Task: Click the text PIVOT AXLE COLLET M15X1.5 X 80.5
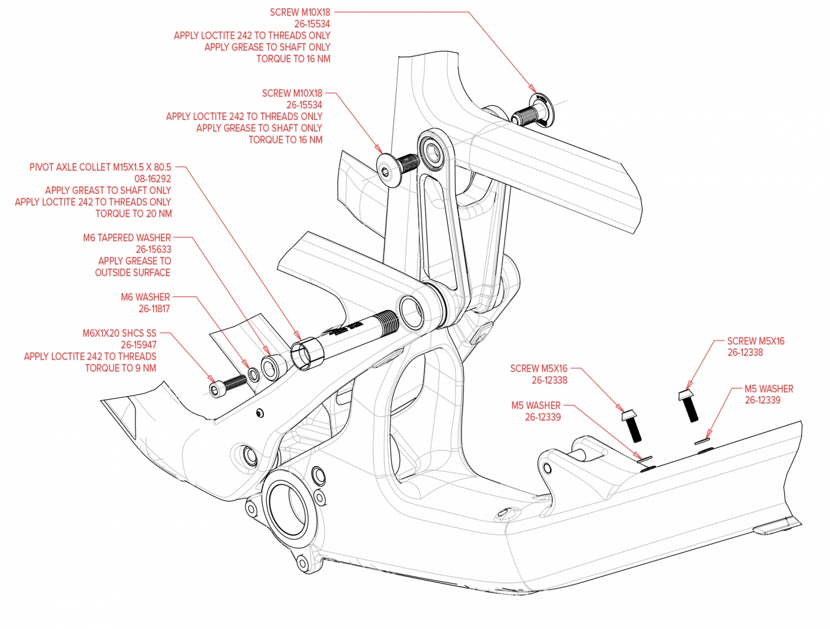pyautogui.click(x=100, y=167)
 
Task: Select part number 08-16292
pyautogui.click(x=153, y=179)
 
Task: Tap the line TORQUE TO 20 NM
pyautogui.click(x=133, y=213)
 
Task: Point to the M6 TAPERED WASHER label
pyautogui.click(x=127, y=238)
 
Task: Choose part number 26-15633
pyautogui.click(x=153, y=249)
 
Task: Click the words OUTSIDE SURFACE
pyautogui.click(x=133, y=272)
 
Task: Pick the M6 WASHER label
pyautogui.click(x=145, y=297)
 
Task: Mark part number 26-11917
pyautogui.click(x=154, y=308)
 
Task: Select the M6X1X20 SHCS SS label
pyautogui.click(x=119, y=333)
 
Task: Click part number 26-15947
pyautogui.click(x=138, y=345)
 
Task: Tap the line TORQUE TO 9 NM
pyautogui.click(x=120, y=368)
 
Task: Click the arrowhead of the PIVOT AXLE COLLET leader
pyautogui.click(x=299, y=337)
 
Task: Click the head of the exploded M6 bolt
pyautogui.click(x=216, y=390)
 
